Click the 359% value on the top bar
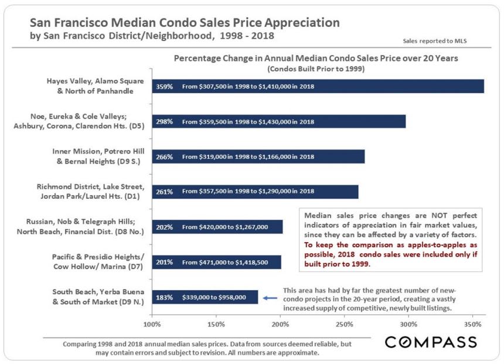click(164, 87)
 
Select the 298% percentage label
click(164, 122)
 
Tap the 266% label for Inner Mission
click(164, 157)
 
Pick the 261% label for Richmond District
click(164, 191)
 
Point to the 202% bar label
click(164, 227)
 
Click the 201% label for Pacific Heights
click(164, 262)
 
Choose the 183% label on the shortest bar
click(164, 297)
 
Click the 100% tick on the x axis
click(152, 324)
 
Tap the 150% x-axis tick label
click(216, 324)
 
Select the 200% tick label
click(281, 324)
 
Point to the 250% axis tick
click(345, 324)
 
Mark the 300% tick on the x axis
click(408, 324)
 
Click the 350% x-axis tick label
click(472, 324)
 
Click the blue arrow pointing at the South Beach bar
click(270, 297)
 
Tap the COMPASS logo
click(431, 342)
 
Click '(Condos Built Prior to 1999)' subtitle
click(316, 69)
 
